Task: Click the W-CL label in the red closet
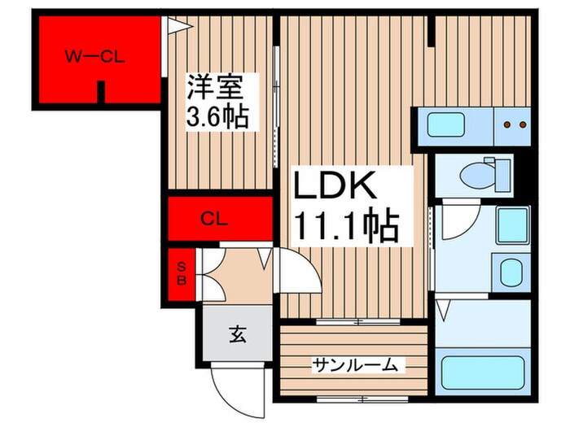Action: coord(93,56)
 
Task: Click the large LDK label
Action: coord(334,189)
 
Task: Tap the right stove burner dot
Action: coord(523,125)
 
